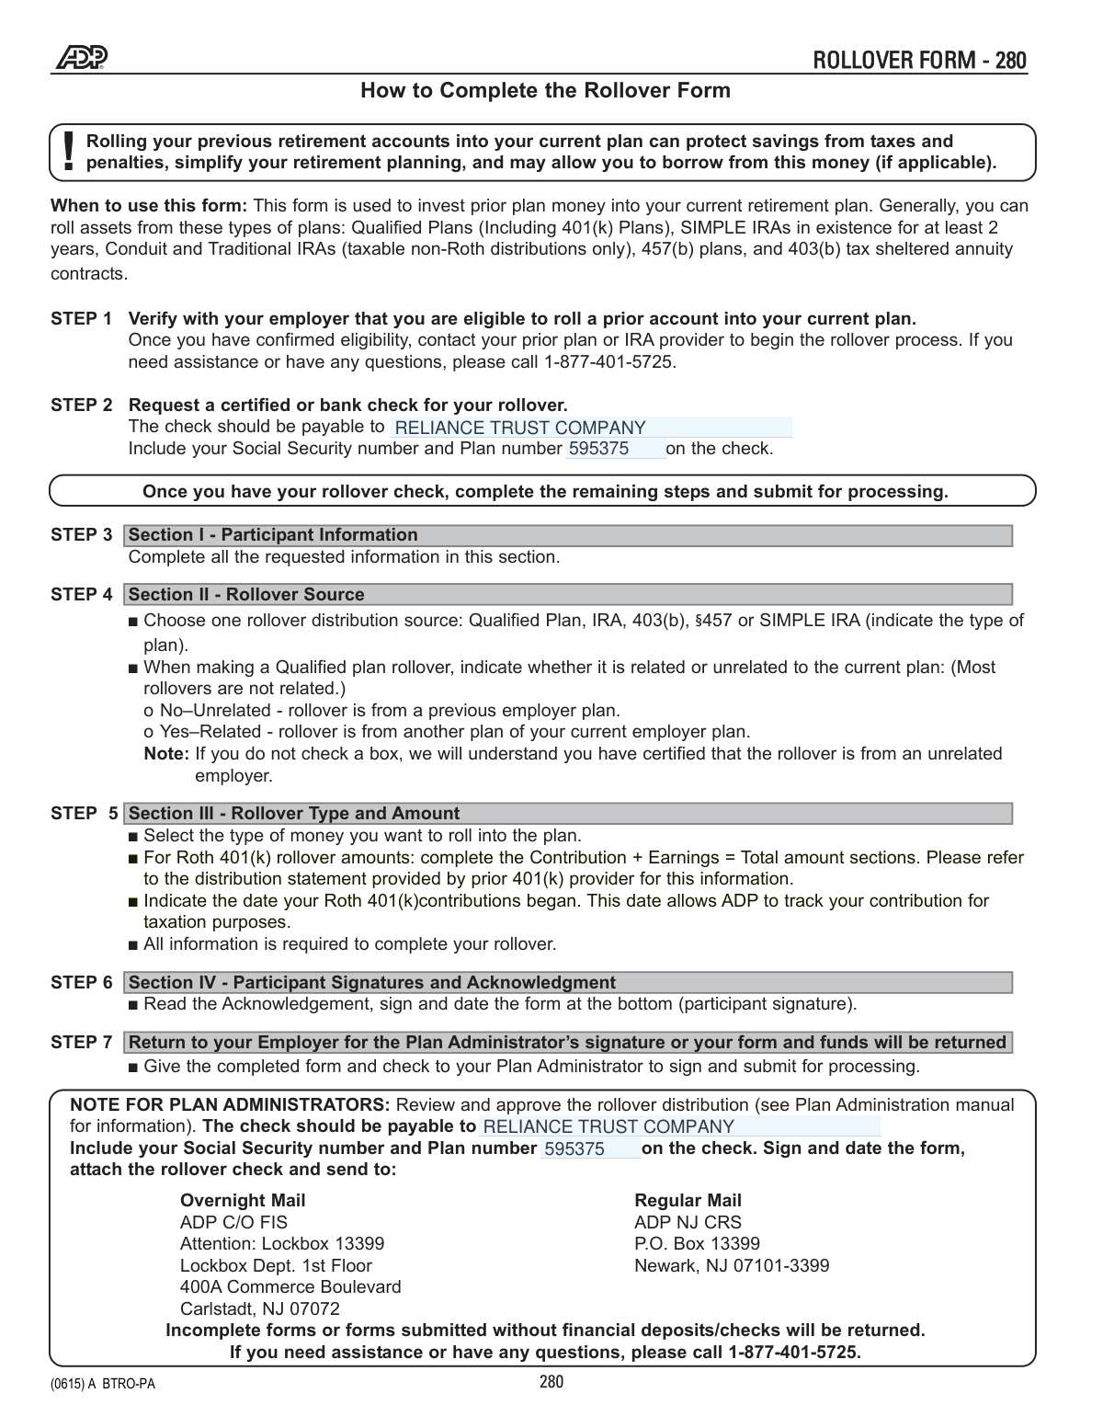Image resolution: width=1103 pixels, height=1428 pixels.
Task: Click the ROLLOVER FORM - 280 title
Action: pos(919,61)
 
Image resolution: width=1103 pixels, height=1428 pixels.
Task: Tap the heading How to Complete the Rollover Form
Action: pos(545,90)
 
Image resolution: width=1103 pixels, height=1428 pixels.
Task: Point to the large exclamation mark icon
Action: pos(69,151)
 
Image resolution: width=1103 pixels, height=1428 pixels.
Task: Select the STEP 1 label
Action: pos(81,319)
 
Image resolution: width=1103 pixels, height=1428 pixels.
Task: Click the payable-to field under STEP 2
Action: pos(590,428)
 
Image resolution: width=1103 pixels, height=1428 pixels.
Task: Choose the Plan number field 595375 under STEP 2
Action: pos(614,449)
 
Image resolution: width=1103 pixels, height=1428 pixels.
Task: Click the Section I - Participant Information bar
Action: pos(568,535)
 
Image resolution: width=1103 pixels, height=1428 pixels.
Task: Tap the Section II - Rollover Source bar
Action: pos(568,595)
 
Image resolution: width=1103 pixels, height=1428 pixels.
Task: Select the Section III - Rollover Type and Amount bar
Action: pos(568,814)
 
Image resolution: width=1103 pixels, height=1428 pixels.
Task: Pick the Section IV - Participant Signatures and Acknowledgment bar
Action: pos(568,983)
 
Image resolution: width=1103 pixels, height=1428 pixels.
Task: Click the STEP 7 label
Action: pos(81,1043)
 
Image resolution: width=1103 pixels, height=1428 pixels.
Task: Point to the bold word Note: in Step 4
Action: pos(166,754)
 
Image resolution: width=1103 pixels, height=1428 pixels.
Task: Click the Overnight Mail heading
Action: pos(243,1201)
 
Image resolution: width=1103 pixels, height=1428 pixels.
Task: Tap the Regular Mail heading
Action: pos(688,1201)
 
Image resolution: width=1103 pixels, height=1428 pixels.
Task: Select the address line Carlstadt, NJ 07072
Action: pos(260,1309)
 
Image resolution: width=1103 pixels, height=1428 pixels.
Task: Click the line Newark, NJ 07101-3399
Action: pos(732,1266)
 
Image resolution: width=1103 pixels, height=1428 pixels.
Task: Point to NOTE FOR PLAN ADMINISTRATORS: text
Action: pos(230,1105)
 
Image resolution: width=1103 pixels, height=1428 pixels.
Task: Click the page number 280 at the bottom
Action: pos(551,1382)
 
